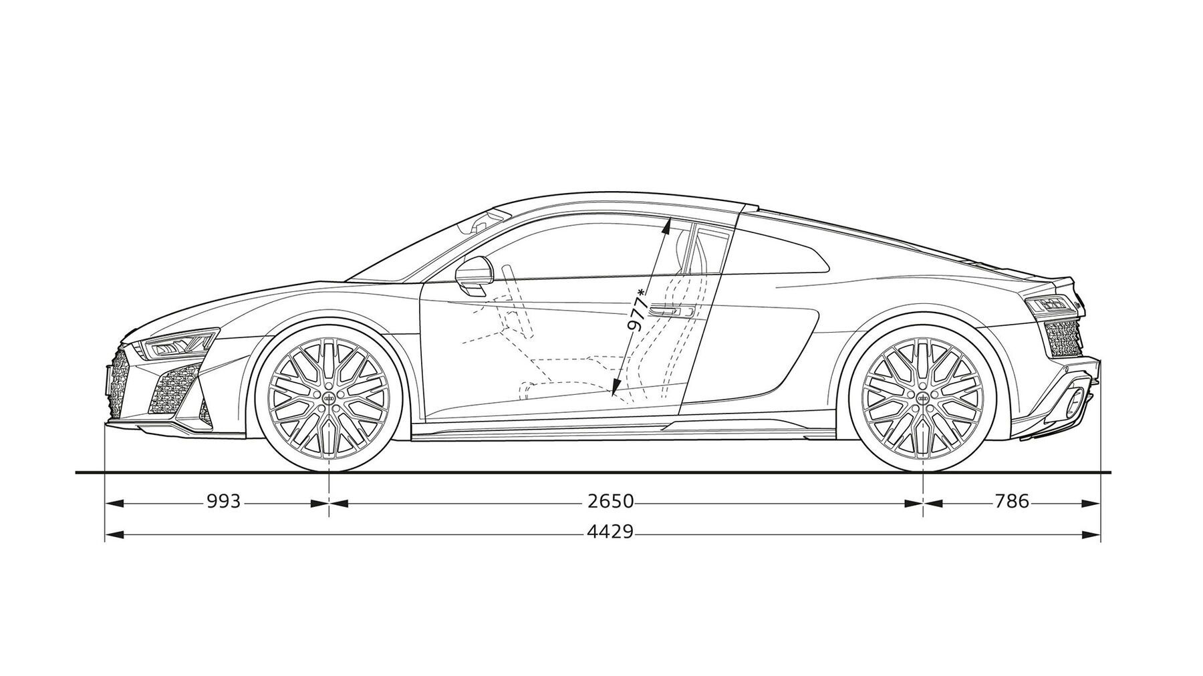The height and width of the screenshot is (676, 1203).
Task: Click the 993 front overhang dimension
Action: [x=223, y=501]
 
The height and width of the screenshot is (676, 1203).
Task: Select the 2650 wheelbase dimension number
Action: [x=610, y=501]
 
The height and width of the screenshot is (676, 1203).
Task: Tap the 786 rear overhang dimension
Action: [x=1012, y=501]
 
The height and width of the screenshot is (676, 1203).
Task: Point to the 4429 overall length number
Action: [x=610, y=532]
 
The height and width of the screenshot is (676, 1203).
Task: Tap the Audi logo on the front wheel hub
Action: [x=329, y=397]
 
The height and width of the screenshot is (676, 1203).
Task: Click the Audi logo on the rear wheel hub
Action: [x=923, y=397]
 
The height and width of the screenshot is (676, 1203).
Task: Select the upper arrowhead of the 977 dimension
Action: [x=666, y=228]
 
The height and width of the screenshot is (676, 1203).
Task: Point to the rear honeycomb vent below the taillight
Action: [x=1063, y=338]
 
